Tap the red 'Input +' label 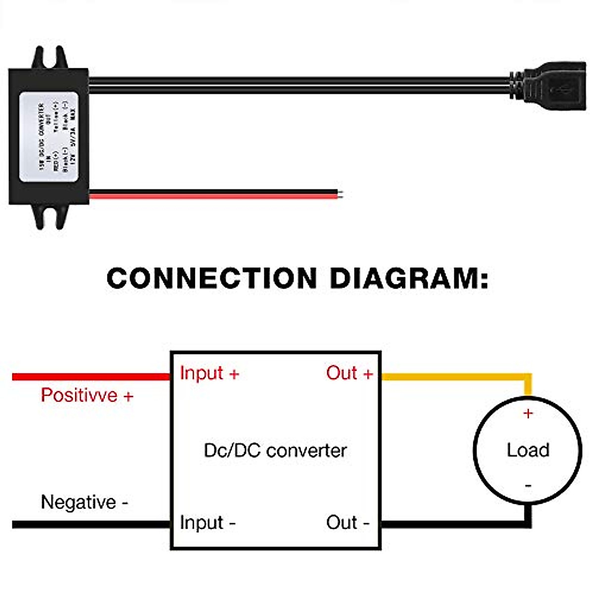pyautogui.click(x=209, y=373)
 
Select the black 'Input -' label pyautogui.click(x=207, y=523)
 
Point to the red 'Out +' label pyautogui.click(x=349, y=373)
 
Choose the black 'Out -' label pyautogui.click(x=348, y=523)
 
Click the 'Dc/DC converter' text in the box pyautogui.click(x=275, y=450)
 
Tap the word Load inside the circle pyautogui.click(x=528, y=450)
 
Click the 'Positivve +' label pyautogui.click(x=87, y=396)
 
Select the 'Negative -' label pyautogui.click(x=85, y=502)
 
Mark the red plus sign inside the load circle pyautogui.click(x=528, y=413)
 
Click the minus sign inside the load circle pyautogui.click(x=528, y=486)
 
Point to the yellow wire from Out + pyautogui.click(x=455, y=377)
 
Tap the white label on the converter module pyautogui.click(x=49, y=137)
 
